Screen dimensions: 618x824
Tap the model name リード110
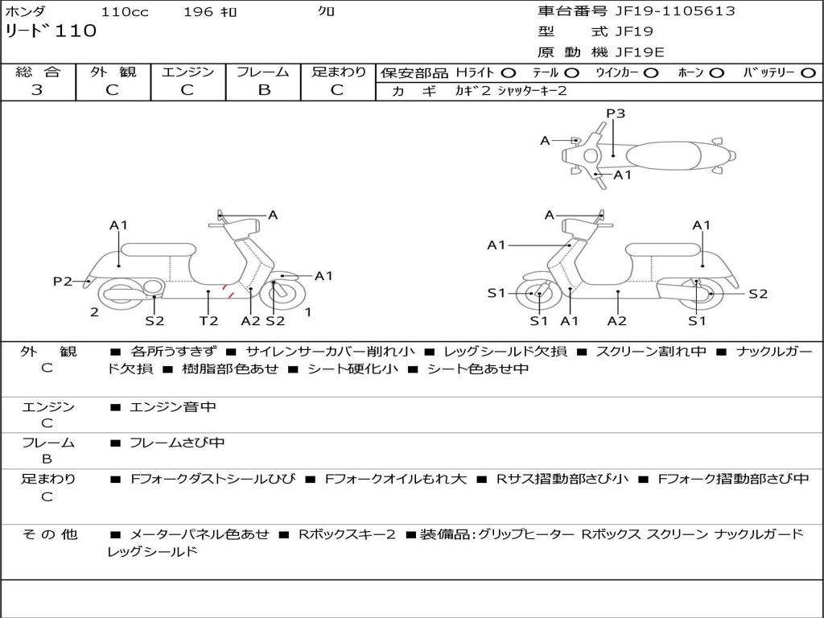click(51, 31)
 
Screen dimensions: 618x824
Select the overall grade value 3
click(37, 90)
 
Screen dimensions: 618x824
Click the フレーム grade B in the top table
click(263, 90)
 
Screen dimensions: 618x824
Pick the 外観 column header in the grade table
click(113, 72)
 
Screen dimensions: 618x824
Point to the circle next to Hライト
click(509, 72)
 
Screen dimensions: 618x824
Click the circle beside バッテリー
click(807, 72)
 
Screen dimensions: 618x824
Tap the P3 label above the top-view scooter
click(616, 113)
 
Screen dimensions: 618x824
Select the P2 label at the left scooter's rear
click(63, 281)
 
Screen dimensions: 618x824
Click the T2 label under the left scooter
click(208, 320)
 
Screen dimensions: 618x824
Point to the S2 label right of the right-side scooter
click(758, 294)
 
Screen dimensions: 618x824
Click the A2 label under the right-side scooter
click(617, 320)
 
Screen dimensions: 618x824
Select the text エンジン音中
click(173, 407)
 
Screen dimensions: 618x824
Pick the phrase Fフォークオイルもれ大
click(395, 479)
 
